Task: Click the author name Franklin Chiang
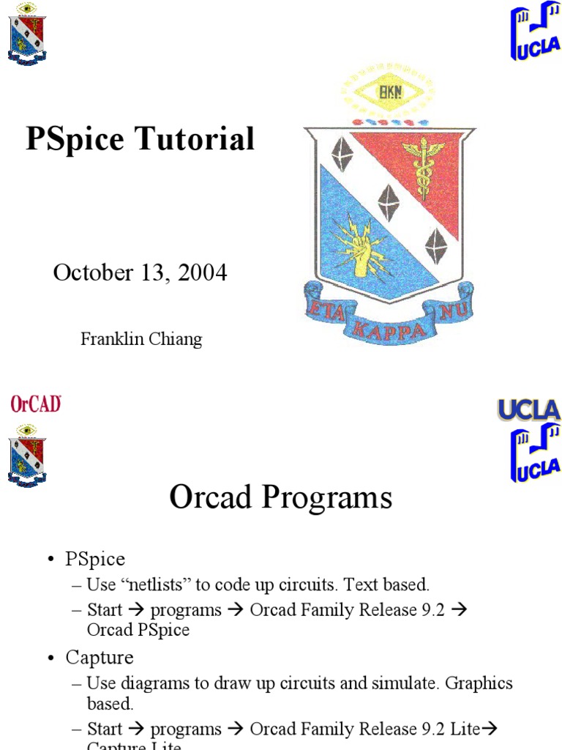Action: pos(140,339)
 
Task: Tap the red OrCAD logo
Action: pos(35,404)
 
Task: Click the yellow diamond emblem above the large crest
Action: pos(388,93)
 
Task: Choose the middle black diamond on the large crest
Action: pos(388,201)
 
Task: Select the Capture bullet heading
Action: pos(100,658)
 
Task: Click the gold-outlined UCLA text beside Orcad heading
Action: pos(528,410)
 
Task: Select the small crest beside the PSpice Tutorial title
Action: pos(27,34)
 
